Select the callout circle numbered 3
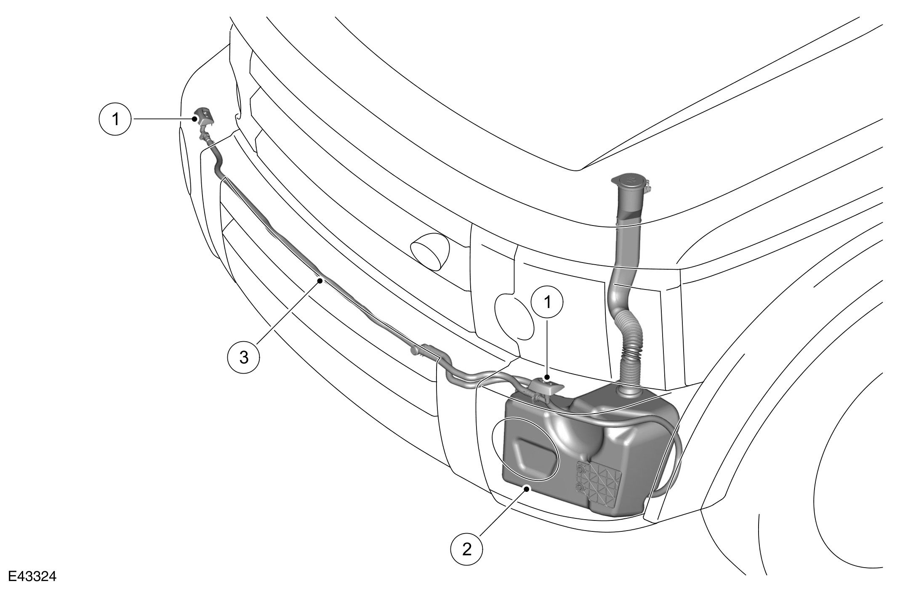click(244, 357)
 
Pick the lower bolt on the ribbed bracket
click(580, 487)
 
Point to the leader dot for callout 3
click(320, 280)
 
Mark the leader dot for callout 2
click(526, 488)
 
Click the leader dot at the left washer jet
click(194, 119)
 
